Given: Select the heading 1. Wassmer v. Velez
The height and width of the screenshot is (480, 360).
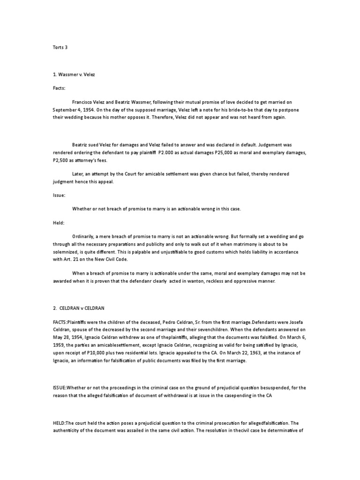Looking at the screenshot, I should [74, 75].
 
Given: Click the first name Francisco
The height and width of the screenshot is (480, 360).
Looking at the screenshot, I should [84, 102].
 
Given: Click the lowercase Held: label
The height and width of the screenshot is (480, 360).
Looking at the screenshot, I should [58, 223].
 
